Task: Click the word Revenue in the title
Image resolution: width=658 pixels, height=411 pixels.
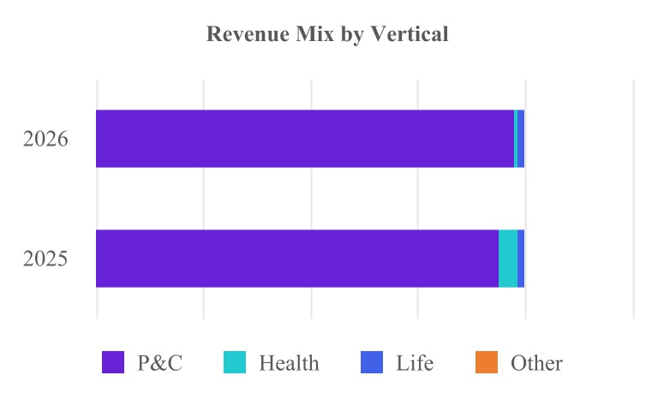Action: coord(248,34)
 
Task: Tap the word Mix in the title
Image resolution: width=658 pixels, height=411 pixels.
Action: coord(314,34)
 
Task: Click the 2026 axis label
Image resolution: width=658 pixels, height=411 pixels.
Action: coord(45,139)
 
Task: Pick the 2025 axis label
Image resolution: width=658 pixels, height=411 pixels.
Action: coord(45,259)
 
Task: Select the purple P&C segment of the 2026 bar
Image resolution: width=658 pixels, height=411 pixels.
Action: coord(305,139)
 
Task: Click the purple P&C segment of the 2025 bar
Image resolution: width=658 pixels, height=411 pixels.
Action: coord(297,259)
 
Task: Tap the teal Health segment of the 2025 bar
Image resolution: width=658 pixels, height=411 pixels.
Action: coord(508,259)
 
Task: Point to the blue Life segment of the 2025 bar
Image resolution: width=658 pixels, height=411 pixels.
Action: coord(521,259)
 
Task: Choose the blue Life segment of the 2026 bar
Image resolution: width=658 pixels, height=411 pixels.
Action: coord(521,139)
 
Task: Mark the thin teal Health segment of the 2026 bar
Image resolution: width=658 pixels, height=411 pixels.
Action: coord(516,139)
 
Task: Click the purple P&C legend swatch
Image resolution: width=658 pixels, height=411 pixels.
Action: coord(113,362)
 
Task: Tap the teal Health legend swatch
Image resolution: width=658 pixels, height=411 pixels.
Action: coord(235,362)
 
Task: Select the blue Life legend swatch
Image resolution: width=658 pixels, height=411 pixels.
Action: coord(372,362)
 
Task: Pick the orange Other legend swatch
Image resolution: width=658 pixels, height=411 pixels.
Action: coord(487,362)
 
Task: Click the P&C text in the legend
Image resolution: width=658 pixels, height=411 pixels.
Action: coord(160,363)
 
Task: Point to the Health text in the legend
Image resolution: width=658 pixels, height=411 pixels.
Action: coord(289,363)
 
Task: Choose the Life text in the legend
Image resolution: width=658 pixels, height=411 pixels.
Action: coord(415,363)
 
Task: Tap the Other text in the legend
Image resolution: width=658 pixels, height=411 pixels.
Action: coord(536,363)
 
